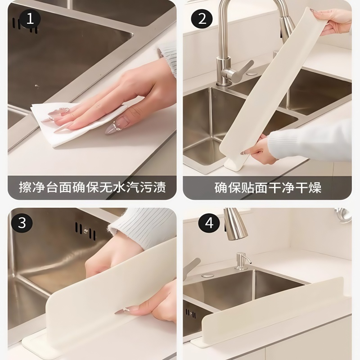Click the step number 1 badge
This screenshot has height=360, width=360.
pyautogui.click(x=29, y=19)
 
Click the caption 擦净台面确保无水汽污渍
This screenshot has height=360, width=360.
pyautogui.click(x=92, y=187)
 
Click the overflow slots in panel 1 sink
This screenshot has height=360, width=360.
pyautogui.click(x=25, y=25)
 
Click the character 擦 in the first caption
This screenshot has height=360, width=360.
pyautogui.click(x=25, y=187)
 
